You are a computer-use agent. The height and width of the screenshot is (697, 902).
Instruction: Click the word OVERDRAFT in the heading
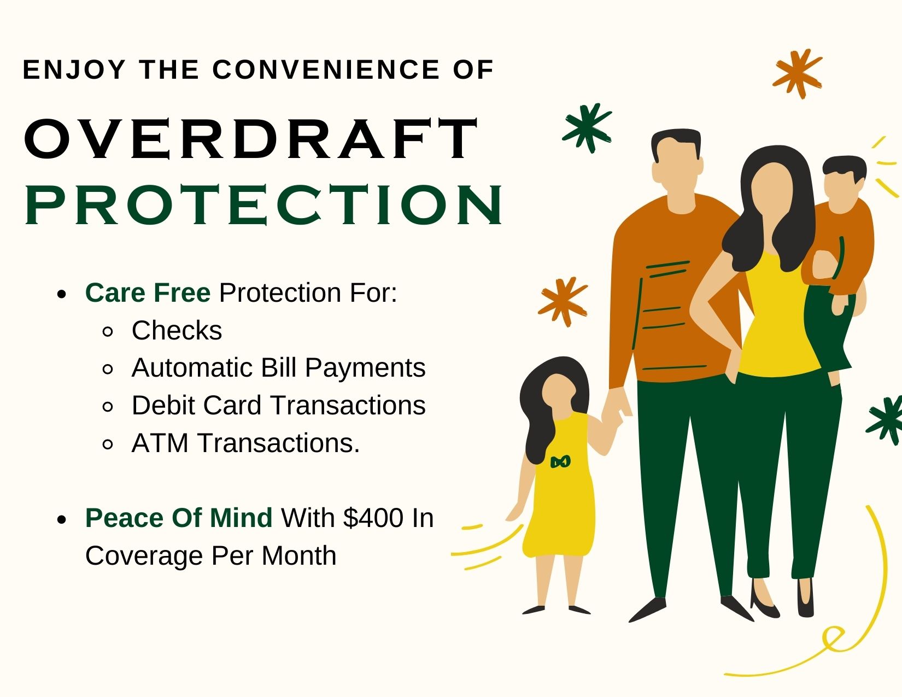[x=251, y=139]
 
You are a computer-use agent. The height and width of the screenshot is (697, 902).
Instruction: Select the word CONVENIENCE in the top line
[x=326, y=69]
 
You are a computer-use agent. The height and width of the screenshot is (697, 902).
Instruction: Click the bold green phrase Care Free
[x=148, y=292]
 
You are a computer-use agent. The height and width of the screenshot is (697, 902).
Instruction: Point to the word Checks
[x=177, y=330]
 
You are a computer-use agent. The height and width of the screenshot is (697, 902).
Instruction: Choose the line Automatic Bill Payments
[x=279, y=368]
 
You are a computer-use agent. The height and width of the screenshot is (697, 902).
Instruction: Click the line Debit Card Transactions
[x=279, y=405]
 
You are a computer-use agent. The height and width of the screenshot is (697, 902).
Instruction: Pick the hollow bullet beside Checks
[x=108, y=331]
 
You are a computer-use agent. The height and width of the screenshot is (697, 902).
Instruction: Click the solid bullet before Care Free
[x=61, y=294]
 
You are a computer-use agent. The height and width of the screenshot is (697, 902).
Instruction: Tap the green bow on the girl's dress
[x=560, y=461]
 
